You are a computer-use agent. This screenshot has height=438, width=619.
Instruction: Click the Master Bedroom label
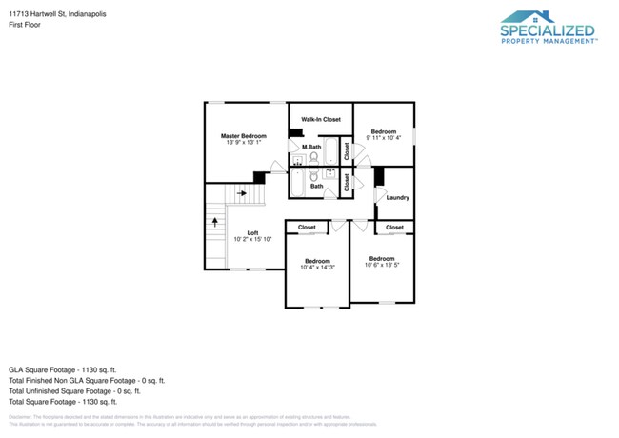[x=245, y=136]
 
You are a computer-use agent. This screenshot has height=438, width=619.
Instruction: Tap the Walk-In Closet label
[x=320, y=119]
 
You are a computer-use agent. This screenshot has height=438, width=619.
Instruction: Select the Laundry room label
[x=397, y=197]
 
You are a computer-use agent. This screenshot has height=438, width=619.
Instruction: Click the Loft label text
[x=252, y=233]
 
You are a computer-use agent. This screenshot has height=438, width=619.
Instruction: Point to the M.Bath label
[x=310, y=148]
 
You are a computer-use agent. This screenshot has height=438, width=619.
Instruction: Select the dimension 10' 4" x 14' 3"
[x=317, y=268]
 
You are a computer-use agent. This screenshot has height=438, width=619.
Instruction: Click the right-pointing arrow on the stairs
[x=242, y=192]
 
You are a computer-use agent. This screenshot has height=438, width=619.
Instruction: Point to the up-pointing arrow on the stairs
[x=215, y=221]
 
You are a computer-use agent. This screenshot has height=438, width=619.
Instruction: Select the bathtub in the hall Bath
[x=296, y=182]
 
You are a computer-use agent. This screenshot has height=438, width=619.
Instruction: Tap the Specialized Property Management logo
[x=548, y=28]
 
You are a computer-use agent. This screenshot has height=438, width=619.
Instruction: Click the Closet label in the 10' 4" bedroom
[x=307, y=228]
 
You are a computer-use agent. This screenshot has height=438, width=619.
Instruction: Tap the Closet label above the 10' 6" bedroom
[x=394, y=228]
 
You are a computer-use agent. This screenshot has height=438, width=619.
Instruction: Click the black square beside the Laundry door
[x=378, y=176]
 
